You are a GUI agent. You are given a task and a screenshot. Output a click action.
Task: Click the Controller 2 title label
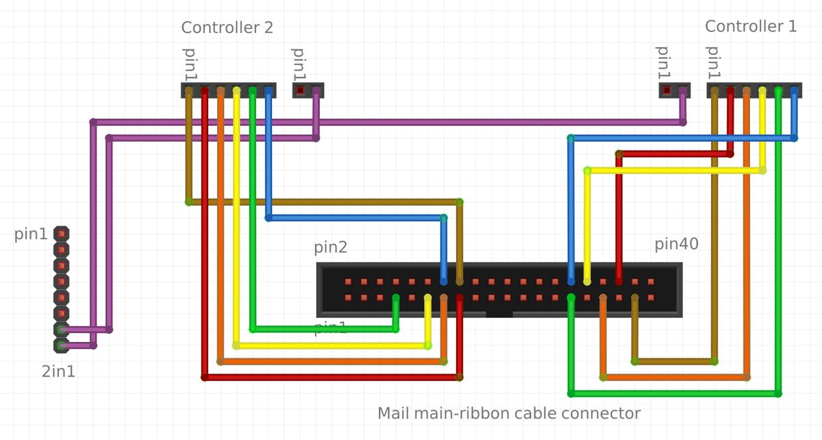click(227, 28)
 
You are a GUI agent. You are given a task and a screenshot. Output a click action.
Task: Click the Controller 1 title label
click(751, 27)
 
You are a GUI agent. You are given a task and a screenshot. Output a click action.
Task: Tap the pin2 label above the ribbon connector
click(331, 247)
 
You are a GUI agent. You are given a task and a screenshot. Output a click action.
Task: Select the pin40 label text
click(676, 244)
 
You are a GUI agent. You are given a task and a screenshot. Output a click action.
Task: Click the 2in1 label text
click(58, 372)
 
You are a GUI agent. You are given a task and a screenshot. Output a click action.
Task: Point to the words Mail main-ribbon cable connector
click(509, 413)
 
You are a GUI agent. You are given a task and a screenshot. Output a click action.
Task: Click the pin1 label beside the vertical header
click(31, 234)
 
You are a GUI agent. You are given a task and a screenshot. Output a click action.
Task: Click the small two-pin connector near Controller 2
click(308, 90)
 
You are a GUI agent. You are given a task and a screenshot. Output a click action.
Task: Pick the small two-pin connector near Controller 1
click(674, 90)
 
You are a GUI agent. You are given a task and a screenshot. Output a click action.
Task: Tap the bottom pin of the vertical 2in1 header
click(62, 345)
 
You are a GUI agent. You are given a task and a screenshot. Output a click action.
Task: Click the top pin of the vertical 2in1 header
click(62, 234)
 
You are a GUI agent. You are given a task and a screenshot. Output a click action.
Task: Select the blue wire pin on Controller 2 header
click(269, 90)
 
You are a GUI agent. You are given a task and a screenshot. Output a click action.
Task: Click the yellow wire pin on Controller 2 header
click(236, 90)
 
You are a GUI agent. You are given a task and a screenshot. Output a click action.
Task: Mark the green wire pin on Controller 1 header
click(778, 90)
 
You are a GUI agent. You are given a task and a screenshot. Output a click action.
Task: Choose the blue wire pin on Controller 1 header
click(795, 90)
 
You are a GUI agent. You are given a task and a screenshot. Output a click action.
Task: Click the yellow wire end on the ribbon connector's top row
click(587, 281)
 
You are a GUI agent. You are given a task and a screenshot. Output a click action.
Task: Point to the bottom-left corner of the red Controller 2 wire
click(205, 377)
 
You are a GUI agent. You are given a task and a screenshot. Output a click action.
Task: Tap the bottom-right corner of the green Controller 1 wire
click(778, 393)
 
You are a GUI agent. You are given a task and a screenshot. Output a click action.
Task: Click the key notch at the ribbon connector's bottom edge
click(499, 314)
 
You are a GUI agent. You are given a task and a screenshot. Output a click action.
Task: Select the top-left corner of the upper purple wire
click(94, 123)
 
